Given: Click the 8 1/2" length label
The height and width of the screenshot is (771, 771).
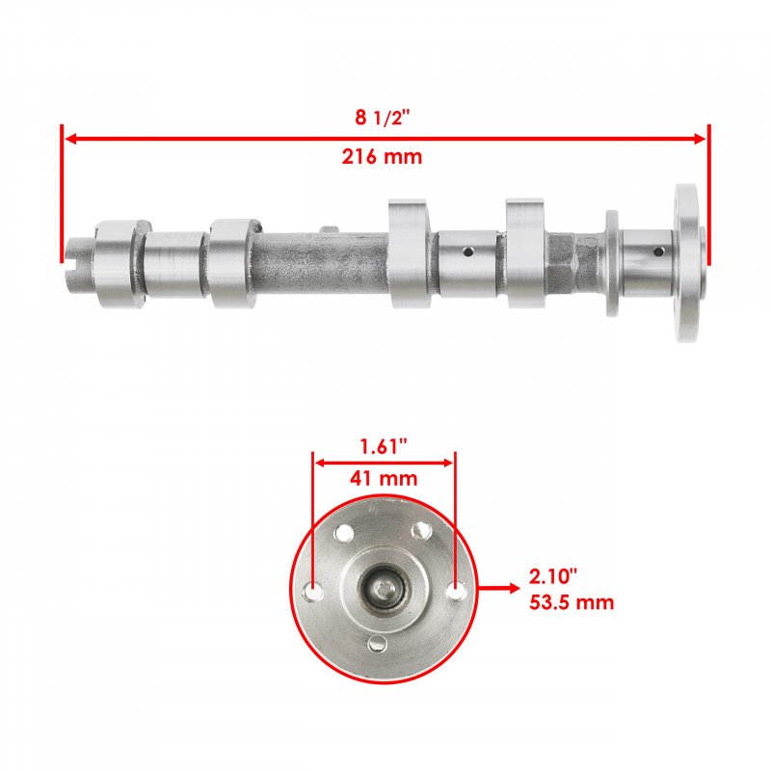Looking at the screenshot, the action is tap(382, 118).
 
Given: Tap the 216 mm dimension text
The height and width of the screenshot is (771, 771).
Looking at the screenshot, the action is tap(382, 157).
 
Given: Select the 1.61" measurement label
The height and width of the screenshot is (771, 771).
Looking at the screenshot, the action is tap(384, 446).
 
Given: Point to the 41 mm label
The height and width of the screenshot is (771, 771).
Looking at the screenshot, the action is tap(384, 478).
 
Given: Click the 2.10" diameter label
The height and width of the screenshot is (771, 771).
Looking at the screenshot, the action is tap(553, 576).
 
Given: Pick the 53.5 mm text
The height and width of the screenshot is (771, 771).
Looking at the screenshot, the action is tap(572, 602).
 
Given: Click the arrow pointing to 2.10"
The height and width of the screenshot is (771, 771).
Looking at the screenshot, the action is tap(498, 588).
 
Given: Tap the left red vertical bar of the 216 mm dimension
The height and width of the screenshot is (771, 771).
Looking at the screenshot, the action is tap(62, 194).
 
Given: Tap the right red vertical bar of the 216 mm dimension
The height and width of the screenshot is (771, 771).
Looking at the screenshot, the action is tap(709, 195).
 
